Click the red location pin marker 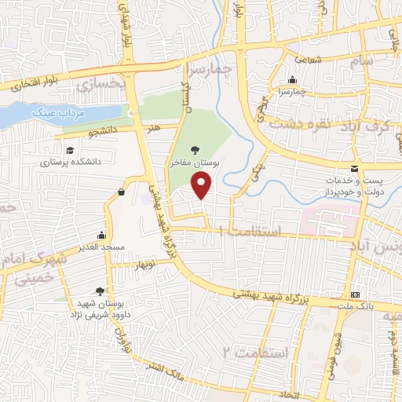pyautogui.click(x=203, y=186)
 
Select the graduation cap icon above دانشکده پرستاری pyautogui.click(x=69, y=151)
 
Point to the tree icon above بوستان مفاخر pyautogui.click(x=196, y=149)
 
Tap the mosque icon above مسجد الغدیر pyautogui.click(x=101, y=235)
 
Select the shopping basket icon pyautogui.click(x=121, y=192)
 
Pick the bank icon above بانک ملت pyautogui.click(x=356, y=294)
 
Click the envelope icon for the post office pyautogui.click(x=355, y=170)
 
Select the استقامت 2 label pyautogui.click(x=254, y=353)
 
